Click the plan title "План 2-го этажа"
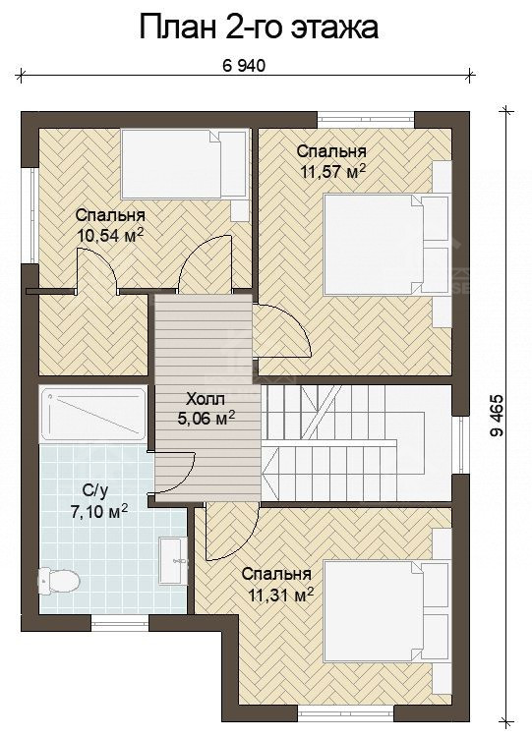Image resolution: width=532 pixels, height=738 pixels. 259,28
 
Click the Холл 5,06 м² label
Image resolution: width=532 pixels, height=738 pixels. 206,409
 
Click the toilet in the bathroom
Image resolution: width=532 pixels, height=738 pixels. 58,581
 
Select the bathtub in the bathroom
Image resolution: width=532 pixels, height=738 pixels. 92,414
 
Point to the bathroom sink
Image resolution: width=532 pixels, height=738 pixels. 173,560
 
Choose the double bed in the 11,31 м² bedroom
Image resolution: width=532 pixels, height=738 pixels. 385,611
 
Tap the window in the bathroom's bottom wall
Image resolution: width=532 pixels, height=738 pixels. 120,623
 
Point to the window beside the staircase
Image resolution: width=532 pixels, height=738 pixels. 461,445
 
